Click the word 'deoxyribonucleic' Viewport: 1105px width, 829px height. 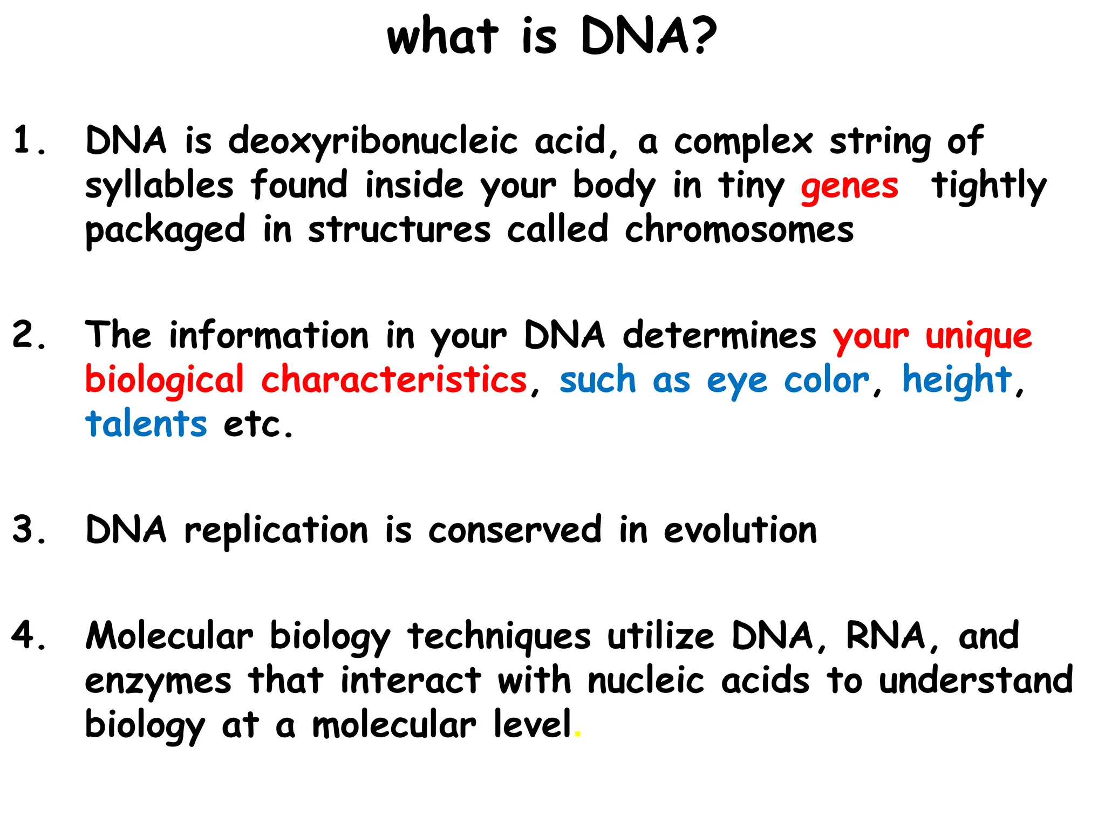[x=373, y=141]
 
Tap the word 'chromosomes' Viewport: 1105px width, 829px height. [x=739, y=230]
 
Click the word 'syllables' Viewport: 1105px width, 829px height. [x=159, y=186]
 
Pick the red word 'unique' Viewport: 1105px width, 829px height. [x=978, y=337]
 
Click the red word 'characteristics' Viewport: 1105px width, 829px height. [x=394, y=379]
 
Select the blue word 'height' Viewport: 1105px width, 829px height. [x=957, y=379]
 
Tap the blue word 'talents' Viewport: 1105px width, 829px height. [x=146, y=424]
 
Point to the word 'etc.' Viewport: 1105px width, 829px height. [x=258, y=425]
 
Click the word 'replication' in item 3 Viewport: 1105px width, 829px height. [x=276, y=531]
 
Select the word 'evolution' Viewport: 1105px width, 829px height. [x=740, y=530]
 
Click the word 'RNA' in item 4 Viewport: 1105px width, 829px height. [x=886, y=636]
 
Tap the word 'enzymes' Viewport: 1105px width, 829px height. [x=158, y=681]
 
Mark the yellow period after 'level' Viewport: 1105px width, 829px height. [x=578, y=735]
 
